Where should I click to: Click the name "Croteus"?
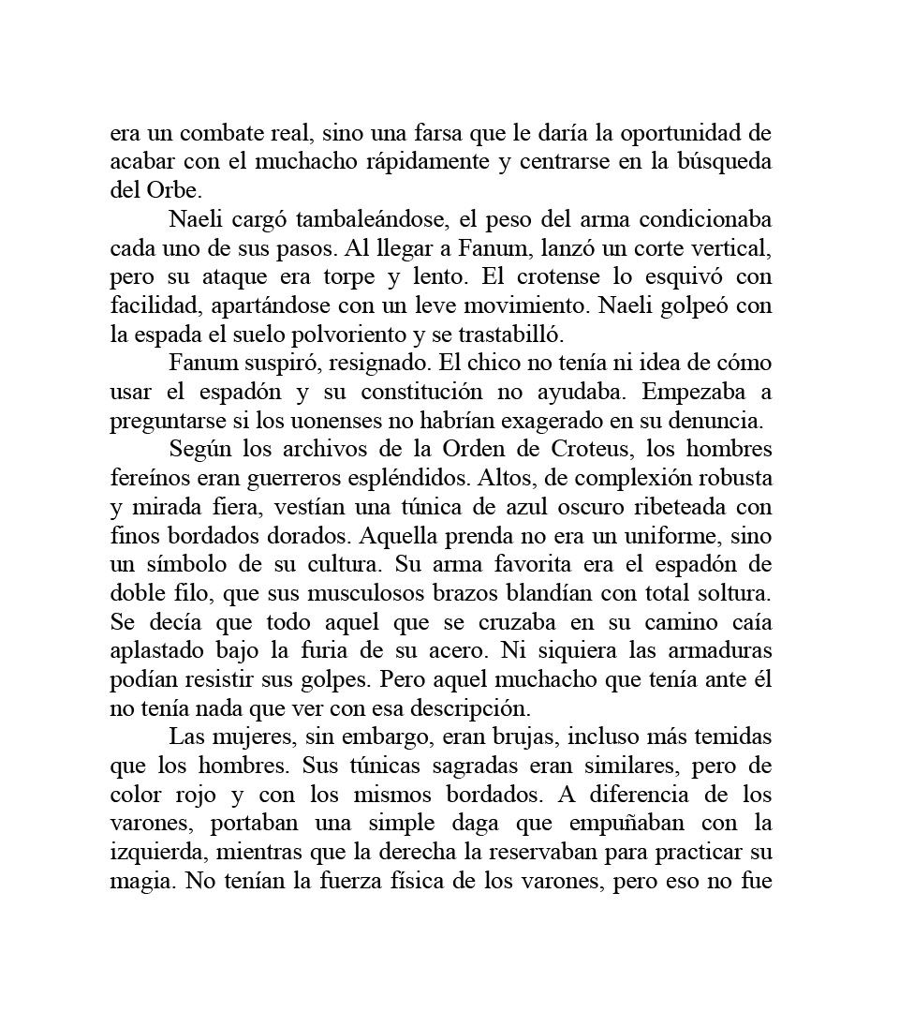click(574, 451)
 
